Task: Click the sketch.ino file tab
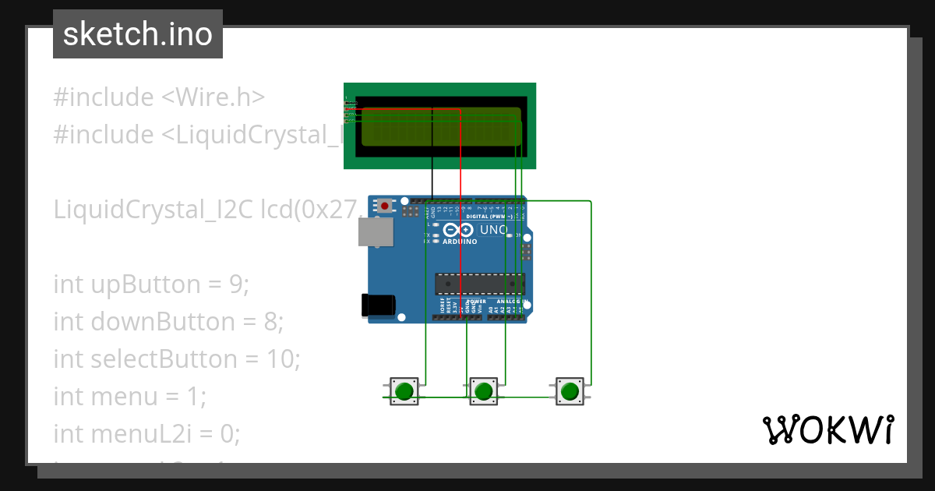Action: coord(138,34)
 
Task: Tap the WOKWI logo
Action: coord(827,429)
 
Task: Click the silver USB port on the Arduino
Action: coord(376,232)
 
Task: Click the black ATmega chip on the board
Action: coord(479,284)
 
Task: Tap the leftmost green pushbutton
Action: coord(404,391)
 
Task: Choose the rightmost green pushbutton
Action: coord(570,391)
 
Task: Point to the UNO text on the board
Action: coord(493,231)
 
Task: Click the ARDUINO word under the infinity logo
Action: coord(460,242)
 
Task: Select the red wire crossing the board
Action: coord(460,234)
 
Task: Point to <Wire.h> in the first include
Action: coord(213,97)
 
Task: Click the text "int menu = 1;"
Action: coord(129,397)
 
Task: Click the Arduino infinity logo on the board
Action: coord(460,231)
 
